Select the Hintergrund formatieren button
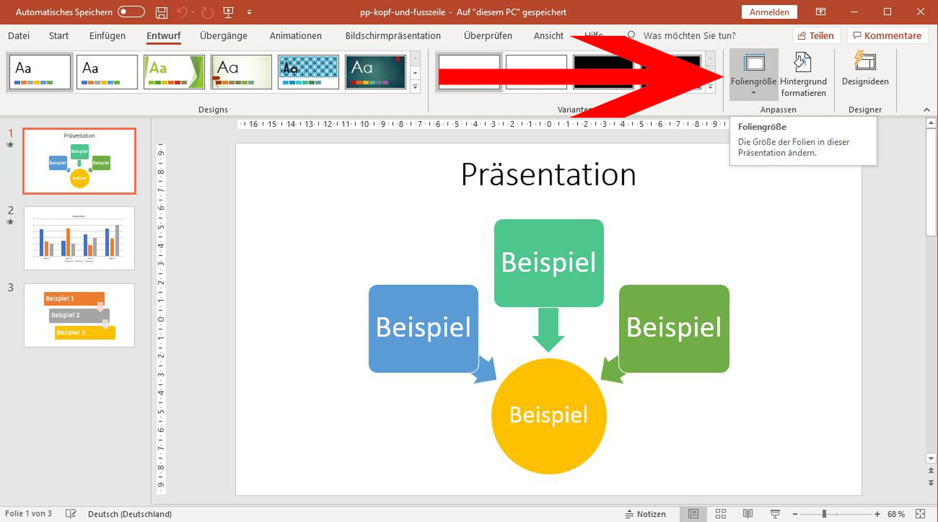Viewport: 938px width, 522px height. (x=803, y=74)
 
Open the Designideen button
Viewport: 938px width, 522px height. (x=865, y=69)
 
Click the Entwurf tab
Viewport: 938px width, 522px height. (x=164, y=36)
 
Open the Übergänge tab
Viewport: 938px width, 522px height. (x=223, y=36)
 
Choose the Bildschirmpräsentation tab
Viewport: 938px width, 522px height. (x=393, y=36)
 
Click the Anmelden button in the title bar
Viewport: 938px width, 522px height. (x=769, y=12)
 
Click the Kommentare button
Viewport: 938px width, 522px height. (x=887, y=36)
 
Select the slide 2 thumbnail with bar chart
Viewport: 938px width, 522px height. (x=79, y=238)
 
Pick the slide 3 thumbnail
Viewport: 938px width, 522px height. (x=79, y=315)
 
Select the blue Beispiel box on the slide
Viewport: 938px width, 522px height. (x=423, y=328)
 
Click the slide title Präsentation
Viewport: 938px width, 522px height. (x=548, y=175)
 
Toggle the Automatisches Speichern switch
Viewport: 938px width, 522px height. (x=131, y=12)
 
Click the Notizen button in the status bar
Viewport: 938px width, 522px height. (x=645, y=514)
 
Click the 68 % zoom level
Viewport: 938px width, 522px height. (x=895, y=514)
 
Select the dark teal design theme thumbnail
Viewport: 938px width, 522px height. (x=375, y=72)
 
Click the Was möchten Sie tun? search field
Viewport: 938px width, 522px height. (x=689, y=36)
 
